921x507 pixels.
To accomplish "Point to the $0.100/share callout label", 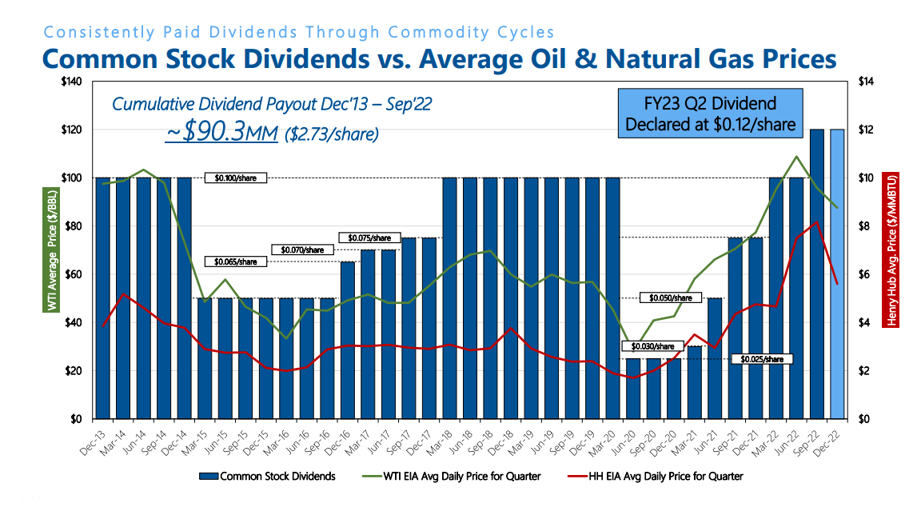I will click(x=234, y=178).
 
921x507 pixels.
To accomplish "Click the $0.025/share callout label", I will click(x=763, y=359).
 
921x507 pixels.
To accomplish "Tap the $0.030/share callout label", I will click(x=652, y=346).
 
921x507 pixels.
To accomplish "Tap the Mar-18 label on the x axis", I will click(x=446, y=437).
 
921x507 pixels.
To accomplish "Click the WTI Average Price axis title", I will click(x=50, y=250).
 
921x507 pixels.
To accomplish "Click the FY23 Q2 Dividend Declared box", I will click(x=710, y=114).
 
